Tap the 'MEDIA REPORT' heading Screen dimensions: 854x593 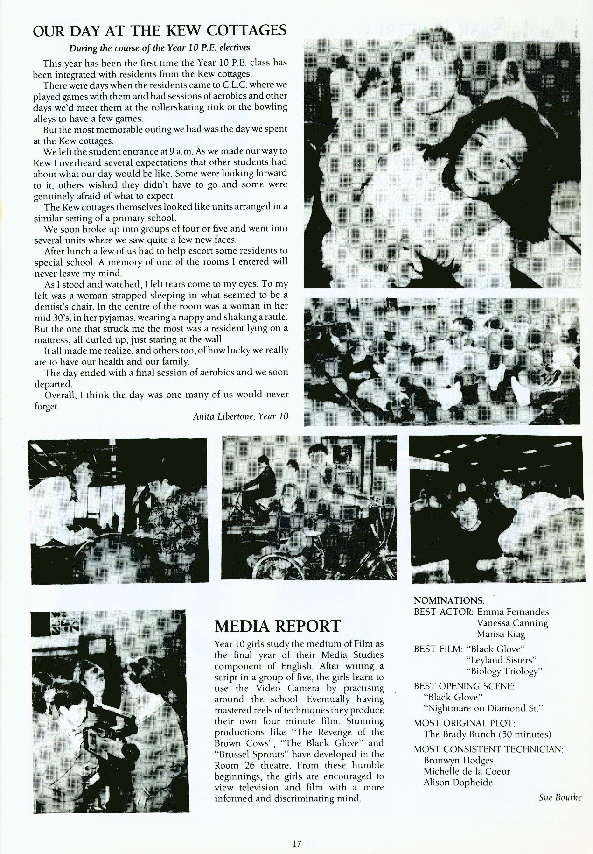tap(277, 626)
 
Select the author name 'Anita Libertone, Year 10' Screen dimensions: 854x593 tap(240, 416)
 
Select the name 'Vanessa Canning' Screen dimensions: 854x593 tap(512, 623)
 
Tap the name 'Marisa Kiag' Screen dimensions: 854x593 tap(501, 634)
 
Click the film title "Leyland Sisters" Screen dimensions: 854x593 tap(501, 660)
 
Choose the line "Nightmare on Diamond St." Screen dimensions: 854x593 tap(483, 708)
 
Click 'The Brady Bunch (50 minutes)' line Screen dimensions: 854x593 tap(487, 734)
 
